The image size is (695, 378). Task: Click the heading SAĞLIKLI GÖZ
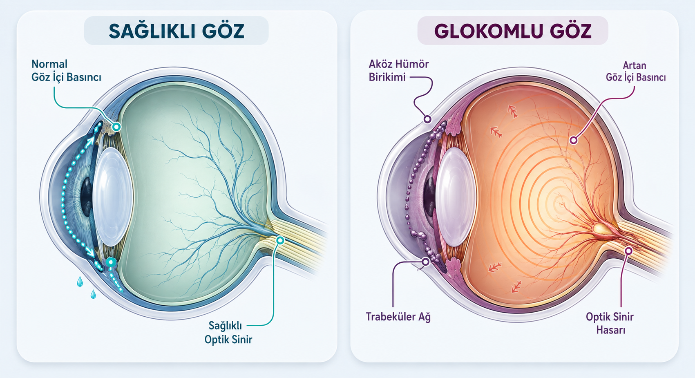pyautogui.click(x=176, y=30)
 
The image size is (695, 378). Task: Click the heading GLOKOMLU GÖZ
pyautogui.click(x=512, y=31)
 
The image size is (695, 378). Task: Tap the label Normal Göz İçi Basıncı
pyautogui.click(x=67, y=70)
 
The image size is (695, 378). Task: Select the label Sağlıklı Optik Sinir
pyautogui.click(x=228, y=332)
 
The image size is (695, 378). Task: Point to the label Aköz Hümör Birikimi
pyautogui.click(x=399, y=70)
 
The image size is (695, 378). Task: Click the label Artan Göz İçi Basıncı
pyautogui.click(x=636, y=71)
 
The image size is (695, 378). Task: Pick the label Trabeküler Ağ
pyautogui.click(x=398, y=317)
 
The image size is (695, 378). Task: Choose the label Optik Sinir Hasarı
pyautogui.click(x=610, y=323)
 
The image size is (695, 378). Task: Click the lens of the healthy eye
pyautogui.click(x=113, y=197)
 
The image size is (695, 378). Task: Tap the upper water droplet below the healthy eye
pyautogui.click(x=80, y=282)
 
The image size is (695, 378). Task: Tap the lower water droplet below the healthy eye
pyautogui.click(x=93, y=294)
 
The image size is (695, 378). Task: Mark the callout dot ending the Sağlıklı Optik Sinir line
pyautogui.click(x=280, y=240)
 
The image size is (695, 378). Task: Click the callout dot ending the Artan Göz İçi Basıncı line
pyautogui.click(x=574, y=140)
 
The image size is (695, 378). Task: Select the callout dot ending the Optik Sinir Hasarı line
pyautogui.click(x=628, y=251)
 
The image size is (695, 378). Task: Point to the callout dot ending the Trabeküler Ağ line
pyautogui.click(x=426, y=262)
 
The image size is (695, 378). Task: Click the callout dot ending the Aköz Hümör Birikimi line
pyautogui.click(x=427, y=119)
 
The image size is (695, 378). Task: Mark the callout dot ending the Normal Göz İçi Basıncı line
pyautogui.click(x=117, y=127)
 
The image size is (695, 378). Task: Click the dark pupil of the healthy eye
pyautogui.click(x=87, y=197)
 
